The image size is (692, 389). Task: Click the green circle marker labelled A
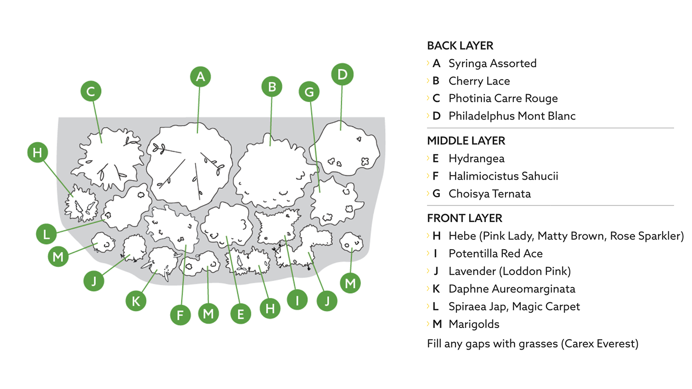tap(200, 76)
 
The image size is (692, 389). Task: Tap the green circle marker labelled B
tap(272, 87)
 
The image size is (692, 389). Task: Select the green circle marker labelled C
tap(91, 91)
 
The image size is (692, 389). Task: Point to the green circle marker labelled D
tap(342, 74)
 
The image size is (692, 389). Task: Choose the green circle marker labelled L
tap(46, 234)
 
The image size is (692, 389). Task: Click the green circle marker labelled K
tap(136, 301)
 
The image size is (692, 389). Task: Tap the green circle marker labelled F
tap(181, 316)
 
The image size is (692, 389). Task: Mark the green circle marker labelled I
tap(297, 301)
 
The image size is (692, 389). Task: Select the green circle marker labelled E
tap(241, 314)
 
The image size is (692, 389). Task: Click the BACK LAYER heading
tap(460, 46)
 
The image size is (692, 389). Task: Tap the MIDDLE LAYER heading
tap(466, 141)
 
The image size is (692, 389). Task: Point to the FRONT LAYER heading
tap(464, 219)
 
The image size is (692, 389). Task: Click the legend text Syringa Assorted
tap(492, 63)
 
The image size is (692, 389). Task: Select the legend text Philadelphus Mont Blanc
tap(512, 116)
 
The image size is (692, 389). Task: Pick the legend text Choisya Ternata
tap(489, 194)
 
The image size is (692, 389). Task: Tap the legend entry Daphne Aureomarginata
tap(512, 289)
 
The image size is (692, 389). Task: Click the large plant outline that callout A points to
tap(190, 168)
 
